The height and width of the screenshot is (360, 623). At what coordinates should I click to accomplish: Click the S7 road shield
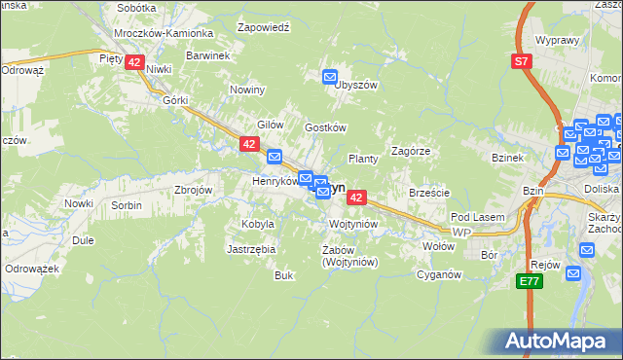pos(523,61)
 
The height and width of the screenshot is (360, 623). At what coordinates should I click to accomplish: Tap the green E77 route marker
pos(529,281)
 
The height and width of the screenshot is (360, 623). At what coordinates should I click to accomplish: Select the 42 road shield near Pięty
pos(135,61)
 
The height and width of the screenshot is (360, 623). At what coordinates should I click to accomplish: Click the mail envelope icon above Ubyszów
pos(330,76)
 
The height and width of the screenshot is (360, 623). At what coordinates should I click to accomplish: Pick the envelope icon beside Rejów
pos(586,249)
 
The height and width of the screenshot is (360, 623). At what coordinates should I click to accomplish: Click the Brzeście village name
pos(429,193)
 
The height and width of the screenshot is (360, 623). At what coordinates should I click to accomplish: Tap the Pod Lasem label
pos(475,216)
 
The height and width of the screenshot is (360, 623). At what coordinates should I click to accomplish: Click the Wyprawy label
pos(558,42)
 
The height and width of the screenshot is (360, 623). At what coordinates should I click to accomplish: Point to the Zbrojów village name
pos(193,190)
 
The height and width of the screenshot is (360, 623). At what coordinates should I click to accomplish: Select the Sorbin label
pos(127,205)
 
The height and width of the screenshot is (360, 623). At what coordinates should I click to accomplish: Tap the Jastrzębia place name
pos(252,249)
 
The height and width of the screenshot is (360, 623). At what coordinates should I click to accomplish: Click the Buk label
pos(284,275)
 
